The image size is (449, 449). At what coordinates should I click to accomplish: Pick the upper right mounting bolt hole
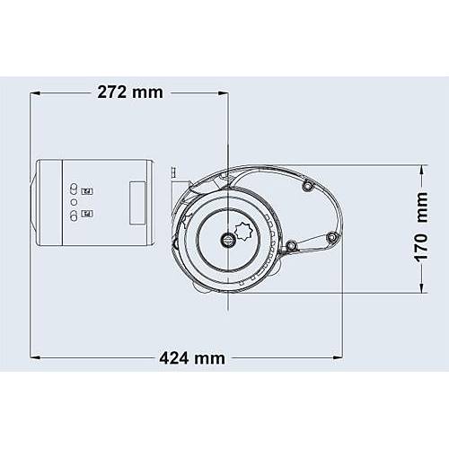click(307, 186)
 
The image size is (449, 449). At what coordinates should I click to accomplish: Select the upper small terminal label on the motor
click(88, 191)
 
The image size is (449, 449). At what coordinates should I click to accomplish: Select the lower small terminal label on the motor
click(88, 214)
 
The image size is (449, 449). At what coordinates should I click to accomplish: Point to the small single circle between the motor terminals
click(74, 203)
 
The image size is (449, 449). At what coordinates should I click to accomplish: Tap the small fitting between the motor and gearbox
click(170, 171)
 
